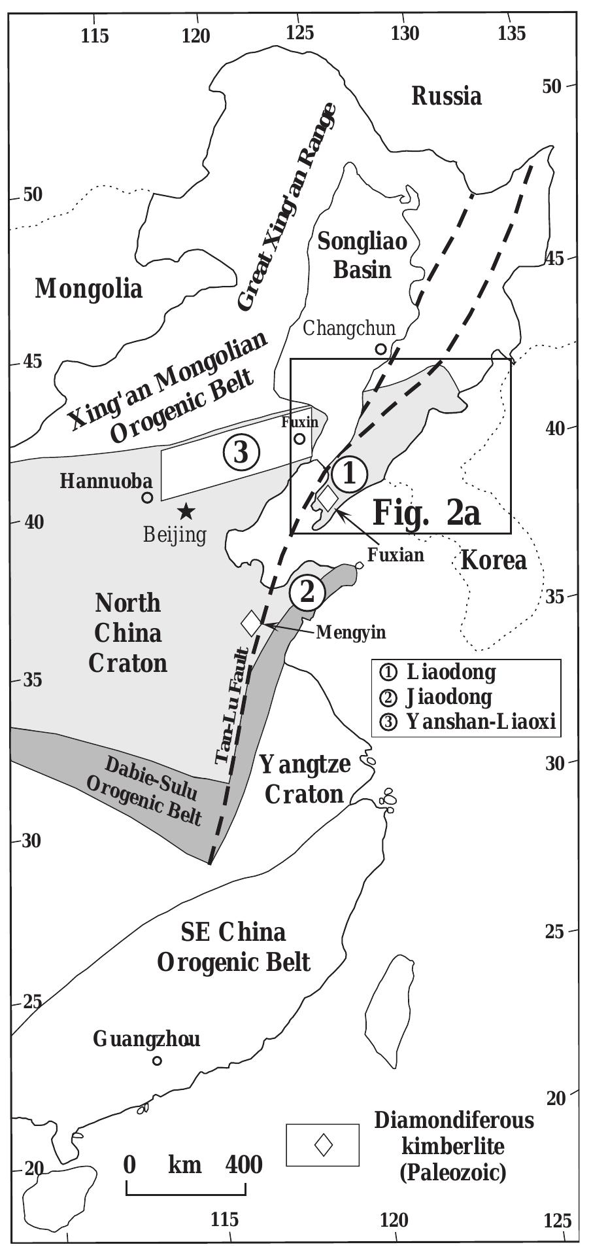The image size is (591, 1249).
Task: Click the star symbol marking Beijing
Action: [186, 510]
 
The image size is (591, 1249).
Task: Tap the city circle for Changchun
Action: [380, 349]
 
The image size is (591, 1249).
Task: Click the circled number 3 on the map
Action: [241, 451]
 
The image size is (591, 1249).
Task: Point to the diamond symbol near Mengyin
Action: [251, 622]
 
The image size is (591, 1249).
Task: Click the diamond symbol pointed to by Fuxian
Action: [328, 497]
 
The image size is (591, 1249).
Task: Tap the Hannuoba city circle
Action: [148, 497]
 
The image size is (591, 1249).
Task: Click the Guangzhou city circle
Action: [157, 1061]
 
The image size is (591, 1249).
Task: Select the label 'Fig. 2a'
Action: [426, 513]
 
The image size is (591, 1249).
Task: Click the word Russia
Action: [447, 96]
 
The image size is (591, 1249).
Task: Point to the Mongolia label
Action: [88, 288]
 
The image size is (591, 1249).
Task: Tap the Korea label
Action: [494, 561]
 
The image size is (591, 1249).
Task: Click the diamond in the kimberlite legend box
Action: [323, 1145]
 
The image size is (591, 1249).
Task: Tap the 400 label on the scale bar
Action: [244, 1164]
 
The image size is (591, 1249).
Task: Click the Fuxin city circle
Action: [299, 439]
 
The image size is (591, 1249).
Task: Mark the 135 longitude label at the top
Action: [511, 33]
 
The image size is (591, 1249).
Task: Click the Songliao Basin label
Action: [362, 255]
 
